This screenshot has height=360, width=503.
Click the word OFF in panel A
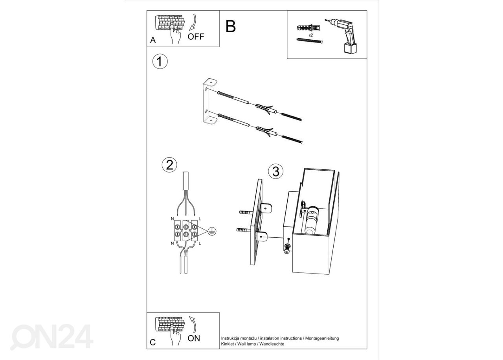pos(196,37)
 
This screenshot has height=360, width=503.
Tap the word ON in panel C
pos(194,338)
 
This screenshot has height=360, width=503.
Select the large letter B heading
pos(231,26)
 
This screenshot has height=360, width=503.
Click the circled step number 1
pos(160,61)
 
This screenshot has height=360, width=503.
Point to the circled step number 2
pos(169,165)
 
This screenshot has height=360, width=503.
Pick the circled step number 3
pos(276,171)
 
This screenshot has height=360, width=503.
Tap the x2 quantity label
pos(311,35)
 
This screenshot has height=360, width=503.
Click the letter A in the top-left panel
pos(153,40)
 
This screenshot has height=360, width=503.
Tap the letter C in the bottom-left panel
pos(153,342)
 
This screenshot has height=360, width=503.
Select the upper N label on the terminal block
pos(172,219)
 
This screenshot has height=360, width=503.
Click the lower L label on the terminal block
pos(200,243)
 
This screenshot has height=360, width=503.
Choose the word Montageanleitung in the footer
pos(322,338)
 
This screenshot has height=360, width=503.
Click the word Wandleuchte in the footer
pos(272,344)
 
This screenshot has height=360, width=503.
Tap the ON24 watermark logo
pos(51,337)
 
